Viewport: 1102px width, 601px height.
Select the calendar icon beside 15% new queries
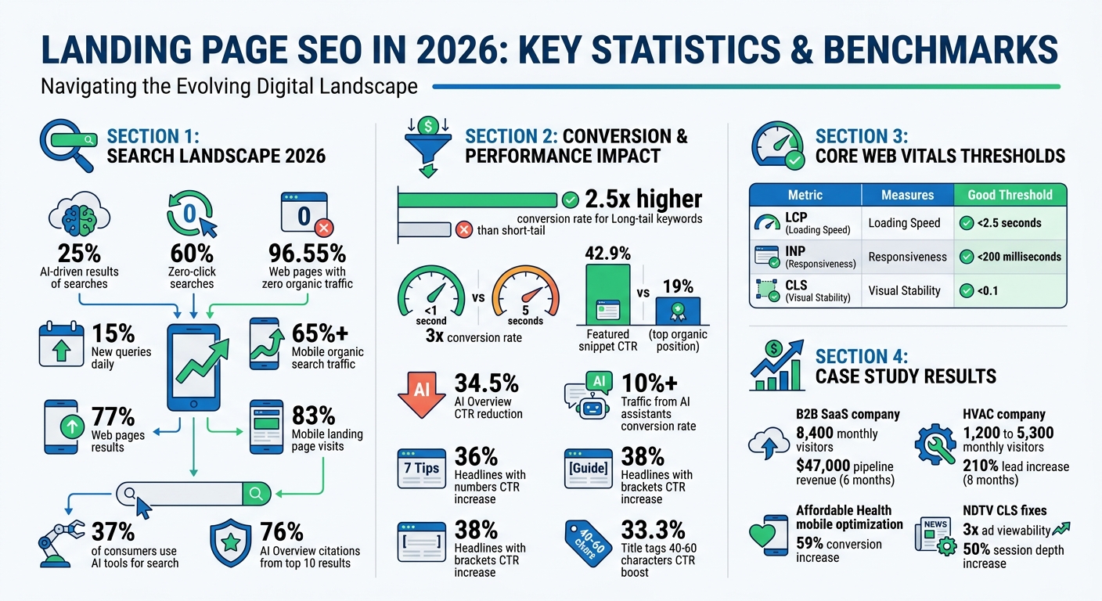pyautogui.click(x=61, y=344)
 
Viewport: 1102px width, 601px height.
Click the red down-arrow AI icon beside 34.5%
pyautogui.click(x=421, y=391)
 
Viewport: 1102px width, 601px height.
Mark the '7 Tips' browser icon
pyautogui.click(x=421, y=468)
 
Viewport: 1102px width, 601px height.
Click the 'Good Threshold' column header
pyautogui.click(x=1010, y=195)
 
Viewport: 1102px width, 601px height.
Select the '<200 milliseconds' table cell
pyautogui.click(x=1010, y=257)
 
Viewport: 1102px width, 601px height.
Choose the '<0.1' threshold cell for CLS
pyautogui.click(x=988, y=291)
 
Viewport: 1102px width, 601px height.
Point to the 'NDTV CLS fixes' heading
pyautogui.click(x=1006, y=510)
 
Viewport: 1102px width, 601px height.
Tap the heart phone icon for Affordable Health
pyautogui.click(x=767, y=534)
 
